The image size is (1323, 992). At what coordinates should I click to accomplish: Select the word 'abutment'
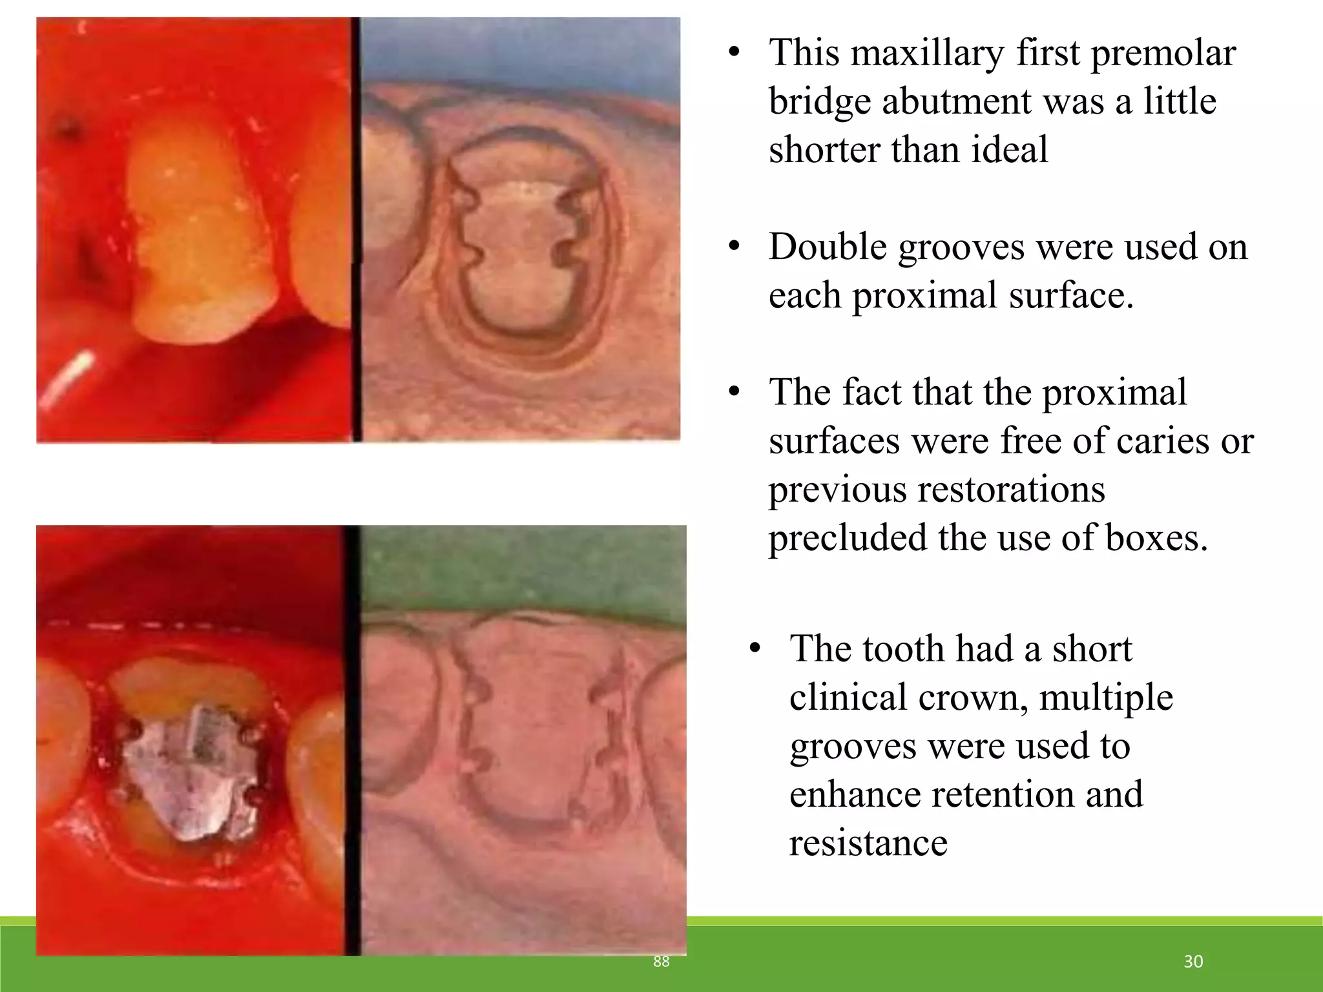(992, 101)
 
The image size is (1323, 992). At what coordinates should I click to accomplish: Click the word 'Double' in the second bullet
(828, 247)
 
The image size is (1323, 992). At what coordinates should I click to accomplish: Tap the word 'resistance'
(868, 843)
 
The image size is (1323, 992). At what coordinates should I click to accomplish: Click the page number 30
(1193, 962)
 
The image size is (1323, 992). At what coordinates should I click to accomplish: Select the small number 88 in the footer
(661, 962)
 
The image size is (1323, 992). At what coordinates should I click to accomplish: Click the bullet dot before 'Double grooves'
(733, 247)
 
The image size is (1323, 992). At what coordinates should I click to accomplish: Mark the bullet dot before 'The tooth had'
(754, 649)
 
